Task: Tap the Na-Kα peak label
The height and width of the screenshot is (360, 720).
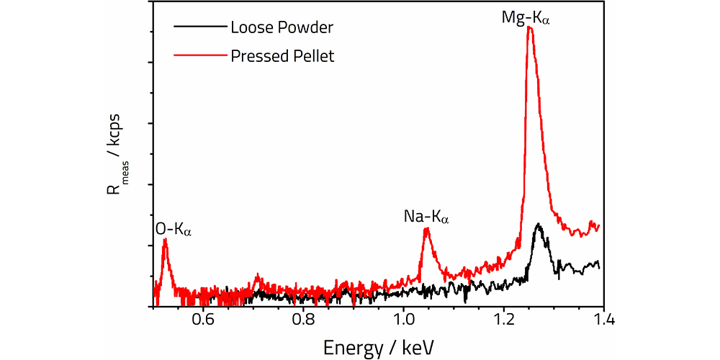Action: click(x=425, y=216)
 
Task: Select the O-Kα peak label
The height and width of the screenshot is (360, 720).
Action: click(x=174, y=230)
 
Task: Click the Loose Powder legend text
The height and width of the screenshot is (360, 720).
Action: click(x=282, y=29)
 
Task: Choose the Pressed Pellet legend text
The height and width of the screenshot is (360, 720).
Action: click(x=282, y=55)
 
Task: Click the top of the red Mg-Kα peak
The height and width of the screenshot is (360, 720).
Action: click(x=530, y=27)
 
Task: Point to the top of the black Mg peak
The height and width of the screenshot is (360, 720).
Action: click(x=538, y=225)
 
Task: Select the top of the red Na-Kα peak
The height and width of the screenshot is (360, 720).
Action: click(x=427, y=229)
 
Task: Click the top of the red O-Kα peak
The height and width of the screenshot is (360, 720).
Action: click(x=165, y=240)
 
